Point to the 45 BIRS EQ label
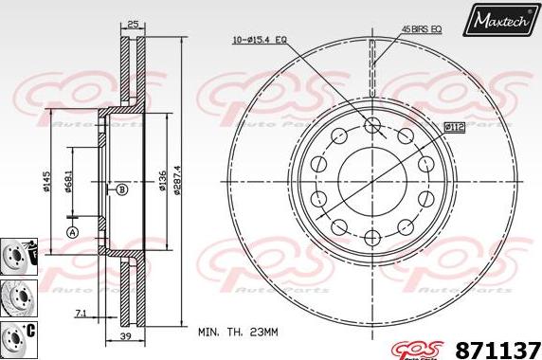[x=422, y=30]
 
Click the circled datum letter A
[x=72, y=232]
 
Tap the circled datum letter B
[x=121, y=190]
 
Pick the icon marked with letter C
[x=16, y=334]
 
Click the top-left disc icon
[x=16, y=252]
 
